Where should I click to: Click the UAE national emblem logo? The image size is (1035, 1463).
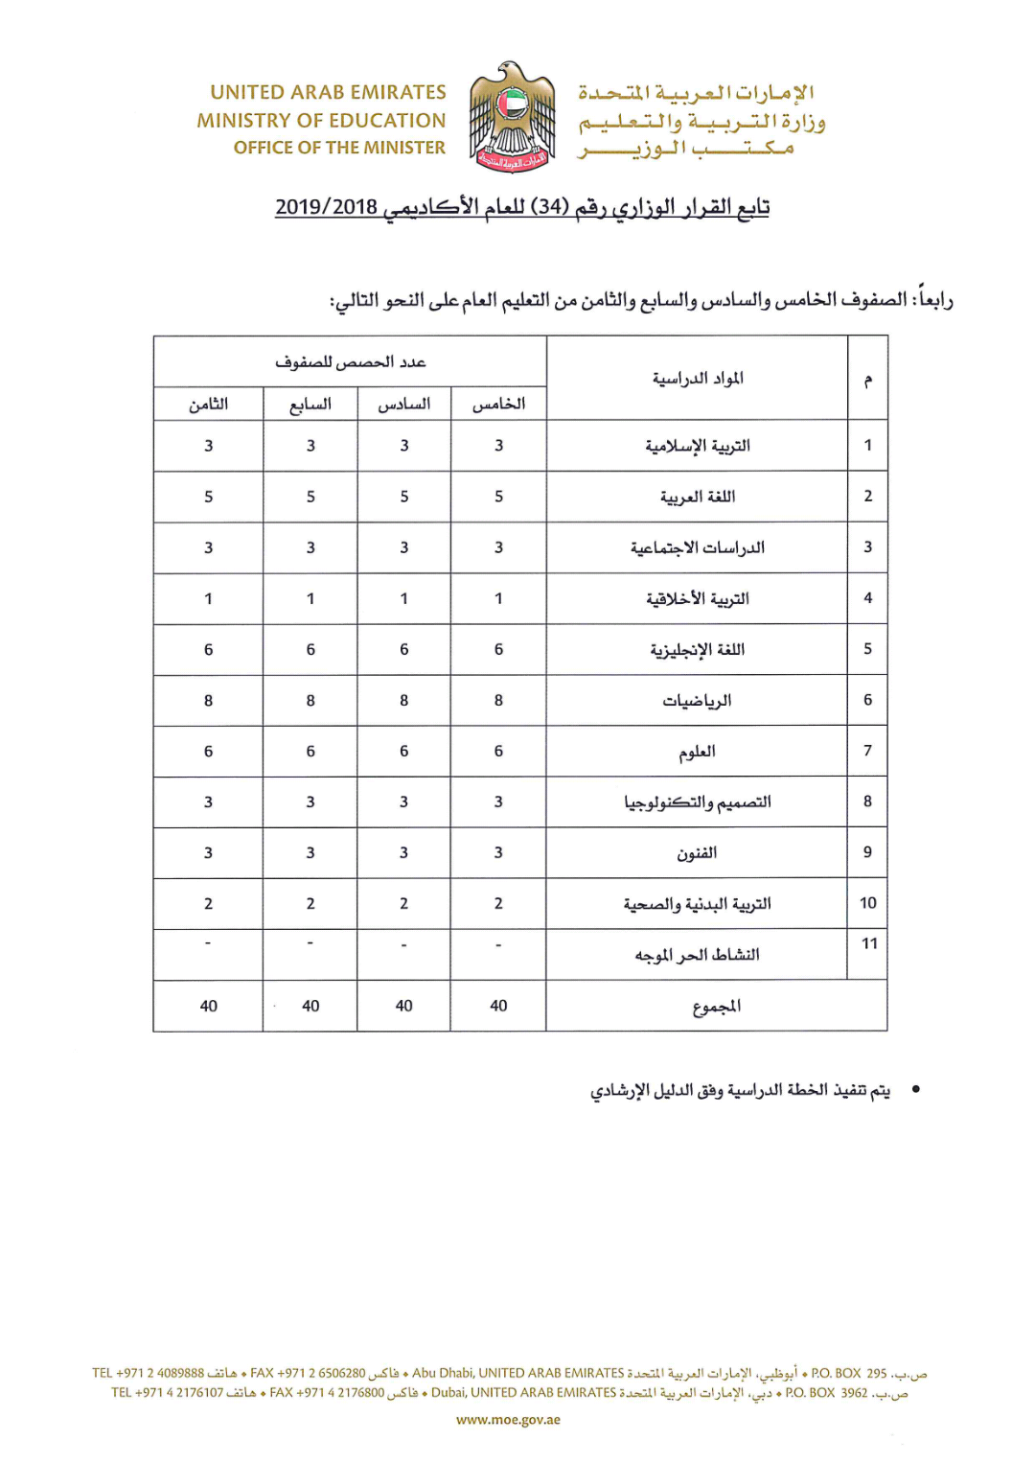512,118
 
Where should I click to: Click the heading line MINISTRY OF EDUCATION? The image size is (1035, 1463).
321,121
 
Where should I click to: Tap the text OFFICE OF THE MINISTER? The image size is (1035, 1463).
339,148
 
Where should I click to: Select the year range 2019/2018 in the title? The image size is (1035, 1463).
326,207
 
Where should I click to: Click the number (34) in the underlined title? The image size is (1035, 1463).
550,207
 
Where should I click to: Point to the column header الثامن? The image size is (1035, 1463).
208,405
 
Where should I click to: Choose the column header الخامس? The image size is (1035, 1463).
498,405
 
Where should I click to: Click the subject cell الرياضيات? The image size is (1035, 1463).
697,701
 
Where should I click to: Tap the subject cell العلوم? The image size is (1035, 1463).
697,752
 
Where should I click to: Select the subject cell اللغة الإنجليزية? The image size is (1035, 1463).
697,650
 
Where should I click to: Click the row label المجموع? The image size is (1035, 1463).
716,1006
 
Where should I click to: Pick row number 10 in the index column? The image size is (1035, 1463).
867,903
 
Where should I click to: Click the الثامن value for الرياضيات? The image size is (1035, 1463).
208,701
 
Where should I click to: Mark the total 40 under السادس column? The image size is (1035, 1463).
403,1006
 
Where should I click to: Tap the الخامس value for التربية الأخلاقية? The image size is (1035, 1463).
498,598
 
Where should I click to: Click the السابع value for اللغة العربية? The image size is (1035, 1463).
310,497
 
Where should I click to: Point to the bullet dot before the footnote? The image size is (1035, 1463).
916,1089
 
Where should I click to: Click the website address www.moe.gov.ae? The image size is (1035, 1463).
508,1420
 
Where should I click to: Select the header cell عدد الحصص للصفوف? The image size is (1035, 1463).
350,362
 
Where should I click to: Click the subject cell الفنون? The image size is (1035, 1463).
697,853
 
